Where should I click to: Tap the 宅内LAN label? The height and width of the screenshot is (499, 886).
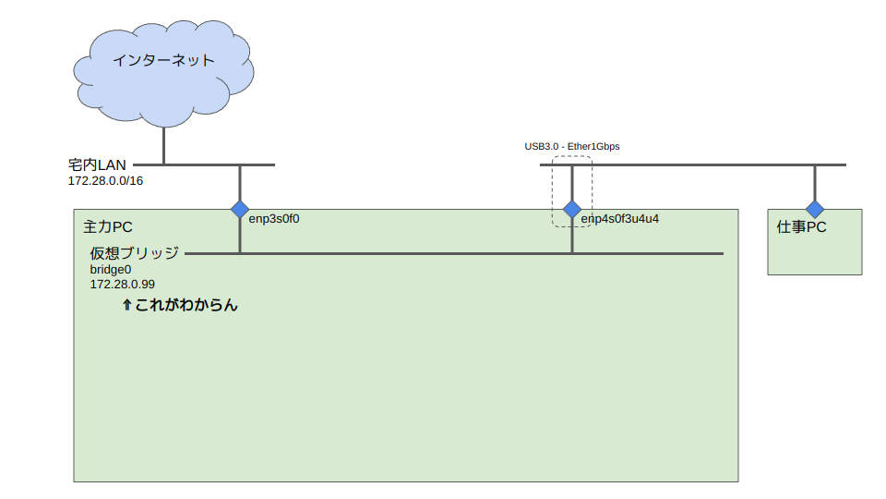(97, 164)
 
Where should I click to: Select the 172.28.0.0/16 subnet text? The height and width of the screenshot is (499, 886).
(105, 180)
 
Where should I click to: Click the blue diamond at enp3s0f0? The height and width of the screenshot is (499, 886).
(240, 209)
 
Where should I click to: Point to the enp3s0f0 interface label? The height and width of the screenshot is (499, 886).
(274, 219)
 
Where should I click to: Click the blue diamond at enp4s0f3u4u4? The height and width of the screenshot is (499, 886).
(572, 209)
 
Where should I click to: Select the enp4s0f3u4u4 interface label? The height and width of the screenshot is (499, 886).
(619, 219)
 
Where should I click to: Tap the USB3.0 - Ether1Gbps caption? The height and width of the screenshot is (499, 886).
(572, 147)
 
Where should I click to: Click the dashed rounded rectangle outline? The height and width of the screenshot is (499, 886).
(592, 189)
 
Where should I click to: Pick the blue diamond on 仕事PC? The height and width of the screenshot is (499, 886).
(815, 209)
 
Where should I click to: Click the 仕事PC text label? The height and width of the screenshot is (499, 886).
(801, 226)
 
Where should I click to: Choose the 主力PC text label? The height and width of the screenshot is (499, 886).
(108, 226)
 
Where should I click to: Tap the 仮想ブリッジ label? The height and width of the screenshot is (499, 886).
(134, 252)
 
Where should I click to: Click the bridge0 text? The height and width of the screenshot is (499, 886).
(110, 269)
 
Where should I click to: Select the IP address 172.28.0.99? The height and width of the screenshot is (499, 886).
(122, 285)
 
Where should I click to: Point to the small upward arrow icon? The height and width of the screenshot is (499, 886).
(126, 304)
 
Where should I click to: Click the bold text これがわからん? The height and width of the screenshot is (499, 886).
(186, 304)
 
